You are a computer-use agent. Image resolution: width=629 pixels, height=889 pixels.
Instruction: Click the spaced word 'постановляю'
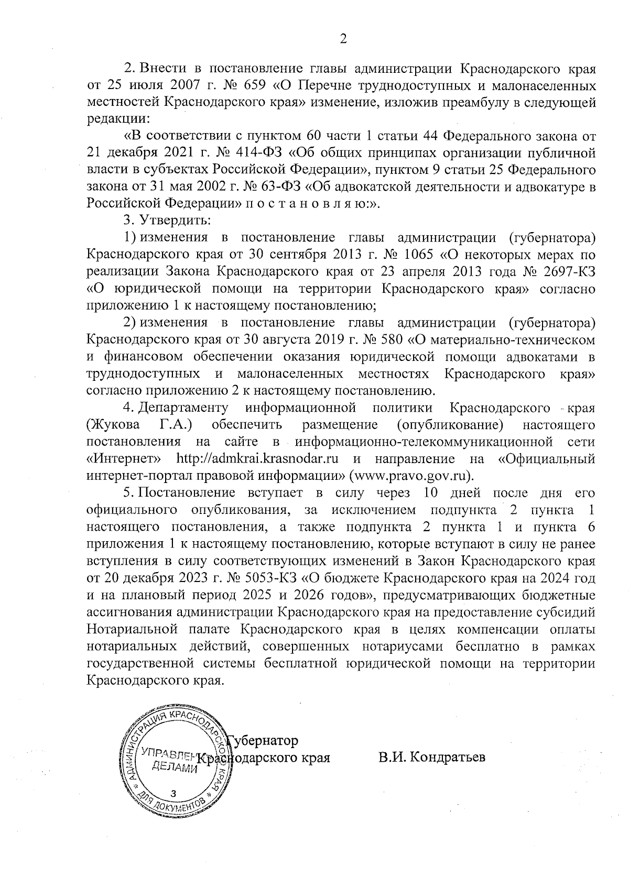point(302,204)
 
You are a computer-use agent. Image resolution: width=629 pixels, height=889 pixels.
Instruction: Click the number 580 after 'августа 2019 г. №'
point(389,340)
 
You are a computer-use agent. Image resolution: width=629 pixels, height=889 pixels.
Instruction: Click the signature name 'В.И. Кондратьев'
point(431,757)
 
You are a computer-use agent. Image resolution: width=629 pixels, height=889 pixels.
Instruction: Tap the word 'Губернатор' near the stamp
point(263,741)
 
